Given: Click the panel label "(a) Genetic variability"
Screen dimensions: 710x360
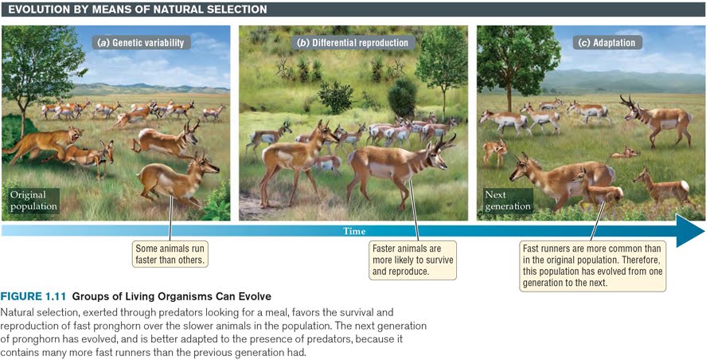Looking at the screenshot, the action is tap(141, 42).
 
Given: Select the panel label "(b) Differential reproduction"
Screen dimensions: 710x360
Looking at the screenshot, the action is tap(353, 42).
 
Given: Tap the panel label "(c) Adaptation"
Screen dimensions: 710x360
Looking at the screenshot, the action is tap(607, 42).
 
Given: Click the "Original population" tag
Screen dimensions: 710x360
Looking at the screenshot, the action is tap(33, 201).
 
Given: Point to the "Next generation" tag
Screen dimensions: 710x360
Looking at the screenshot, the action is tap(507, 200).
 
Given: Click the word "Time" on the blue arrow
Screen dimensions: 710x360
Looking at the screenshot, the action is tap(354, 232).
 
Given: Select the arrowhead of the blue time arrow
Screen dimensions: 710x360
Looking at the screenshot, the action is tap(691, 231).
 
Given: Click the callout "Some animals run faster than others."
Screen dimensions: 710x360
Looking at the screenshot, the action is tap(170, 254).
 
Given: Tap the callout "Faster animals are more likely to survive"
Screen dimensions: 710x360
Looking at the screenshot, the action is tap(412, 260).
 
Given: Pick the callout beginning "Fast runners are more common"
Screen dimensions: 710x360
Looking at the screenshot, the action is tap(592, 266).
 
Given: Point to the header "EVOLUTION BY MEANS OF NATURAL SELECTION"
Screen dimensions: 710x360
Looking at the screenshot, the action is tap(138, 9).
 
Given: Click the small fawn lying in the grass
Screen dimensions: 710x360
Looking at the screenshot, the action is tap(625, 153).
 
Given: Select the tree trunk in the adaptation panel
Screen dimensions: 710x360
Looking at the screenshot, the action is tap(509, 96).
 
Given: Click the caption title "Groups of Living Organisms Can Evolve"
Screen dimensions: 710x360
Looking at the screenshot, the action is tap(172, 296).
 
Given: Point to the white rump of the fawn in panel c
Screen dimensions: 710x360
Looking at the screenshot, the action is tap(684, 186).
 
